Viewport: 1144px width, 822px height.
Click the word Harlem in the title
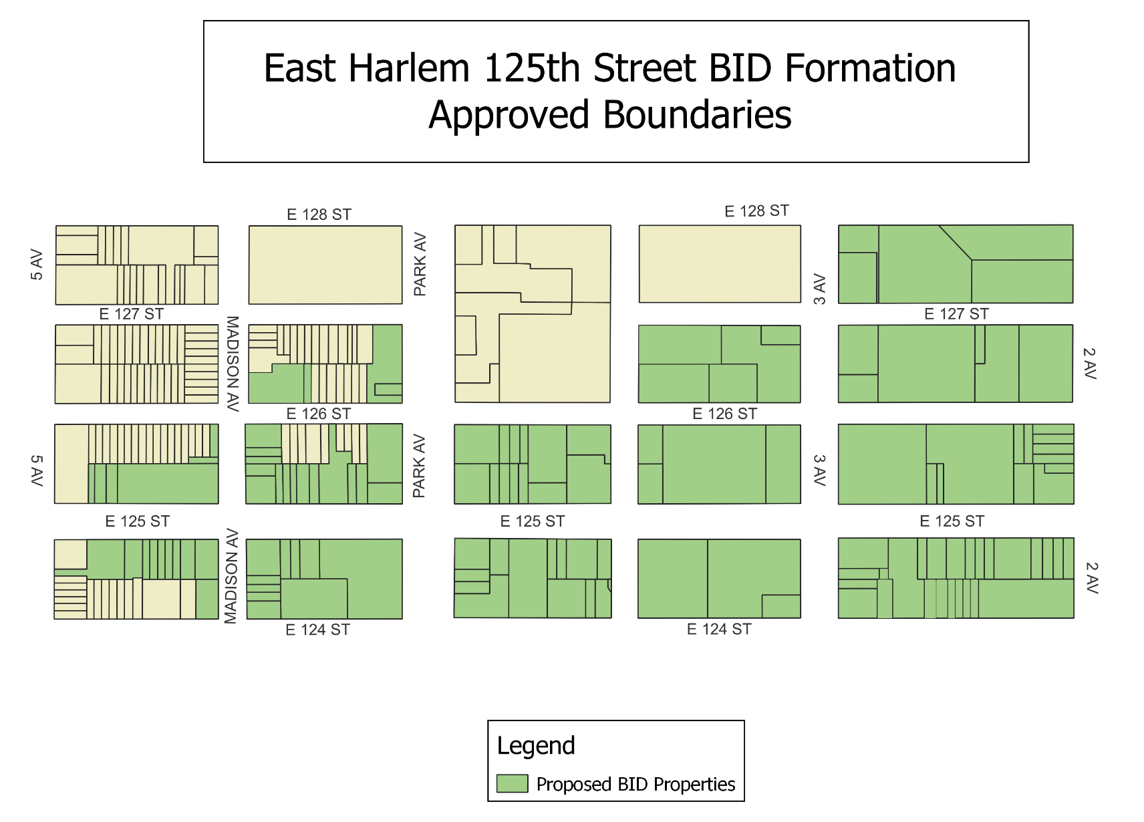[409, 69]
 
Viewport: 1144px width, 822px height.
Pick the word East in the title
[300, 69]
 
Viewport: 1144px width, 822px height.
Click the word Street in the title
[645, 69]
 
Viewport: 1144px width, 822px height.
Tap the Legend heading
[535, 746]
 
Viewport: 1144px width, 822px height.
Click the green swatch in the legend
[512, 783]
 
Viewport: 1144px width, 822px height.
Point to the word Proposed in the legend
[574, 785]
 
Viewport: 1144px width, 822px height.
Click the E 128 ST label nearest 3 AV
[756, 211]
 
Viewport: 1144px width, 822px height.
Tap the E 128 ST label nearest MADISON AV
[319, 215]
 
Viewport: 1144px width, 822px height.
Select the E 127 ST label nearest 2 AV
[956, 314]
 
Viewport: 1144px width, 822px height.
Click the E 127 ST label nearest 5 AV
[132, 314]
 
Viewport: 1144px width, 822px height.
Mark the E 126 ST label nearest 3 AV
[724, 414]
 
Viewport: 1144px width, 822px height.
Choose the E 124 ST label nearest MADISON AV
[317, 630]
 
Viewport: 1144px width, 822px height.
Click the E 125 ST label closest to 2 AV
[952, 521]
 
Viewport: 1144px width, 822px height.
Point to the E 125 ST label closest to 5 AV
[137, 521]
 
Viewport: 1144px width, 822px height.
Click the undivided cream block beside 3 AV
[720, 264]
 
